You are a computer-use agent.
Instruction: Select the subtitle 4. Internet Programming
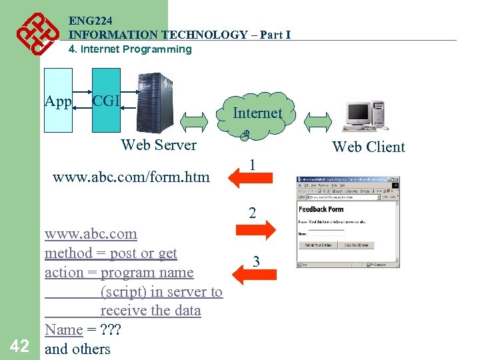tap(130, 49)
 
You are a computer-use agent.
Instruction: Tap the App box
tap(58, 101)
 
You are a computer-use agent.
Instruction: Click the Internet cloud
tap(257, 114)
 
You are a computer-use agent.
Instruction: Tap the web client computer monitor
tap(357, 113)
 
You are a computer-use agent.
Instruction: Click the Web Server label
tap(159, 145)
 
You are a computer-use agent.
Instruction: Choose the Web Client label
tap(369, 147)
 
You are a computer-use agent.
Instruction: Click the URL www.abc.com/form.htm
tap(131, 177)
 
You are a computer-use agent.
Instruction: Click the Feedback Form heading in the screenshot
tap(321, 209)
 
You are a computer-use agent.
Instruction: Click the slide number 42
tap(19, 345)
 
